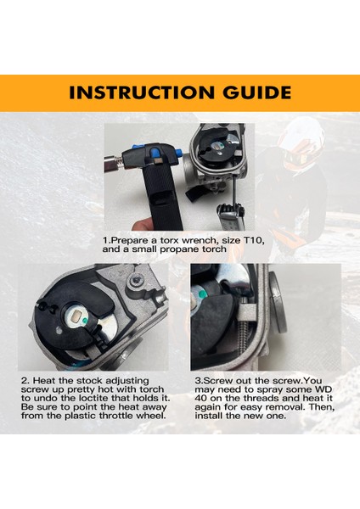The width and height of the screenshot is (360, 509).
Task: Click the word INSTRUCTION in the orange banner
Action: [142, 92]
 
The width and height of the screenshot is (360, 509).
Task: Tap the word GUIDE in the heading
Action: [257, 92]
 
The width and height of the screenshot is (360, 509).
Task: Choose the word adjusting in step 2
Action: [127, 381]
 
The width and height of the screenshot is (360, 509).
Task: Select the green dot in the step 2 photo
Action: [84, 321]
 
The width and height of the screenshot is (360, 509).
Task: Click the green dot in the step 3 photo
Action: [202, 294]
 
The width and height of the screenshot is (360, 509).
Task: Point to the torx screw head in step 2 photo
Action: [137, 278]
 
